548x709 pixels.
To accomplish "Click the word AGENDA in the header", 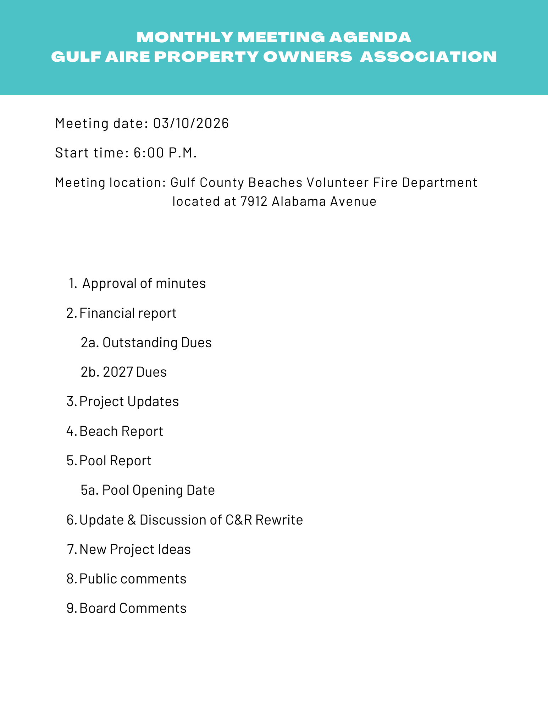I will [x=370, y=37].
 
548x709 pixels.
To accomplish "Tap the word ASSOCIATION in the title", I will [x=428, y=57].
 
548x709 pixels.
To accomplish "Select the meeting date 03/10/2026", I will [x=191, y=123].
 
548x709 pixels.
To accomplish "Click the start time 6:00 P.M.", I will [x=165, y=153].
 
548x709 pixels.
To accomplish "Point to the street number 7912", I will [x=254, y=201].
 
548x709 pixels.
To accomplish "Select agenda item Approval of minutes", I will [x=144, y=283].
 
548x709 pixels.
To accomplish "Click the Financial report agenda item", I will [x=128, y=313].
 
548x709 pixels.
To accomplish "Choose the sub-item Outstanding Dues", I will [x=157, y=343].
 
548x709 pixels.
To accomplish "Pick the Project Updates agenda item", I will [x=129, y=401].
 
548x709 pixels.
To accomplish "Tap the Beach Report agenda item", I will [x=121, y=431].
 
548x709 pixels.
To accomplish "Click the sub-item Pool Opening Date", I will [x=158, y=490].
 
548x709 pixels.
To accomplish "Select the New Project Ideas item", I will [x=135, y=549].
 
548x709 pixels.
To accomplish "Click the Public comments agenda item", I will [x=133, y=579].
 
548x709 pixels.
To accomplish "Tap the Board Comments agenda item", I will [x=133, y=608].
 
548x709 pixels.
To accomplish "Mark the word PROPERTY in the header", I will [x=206, y=57].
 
